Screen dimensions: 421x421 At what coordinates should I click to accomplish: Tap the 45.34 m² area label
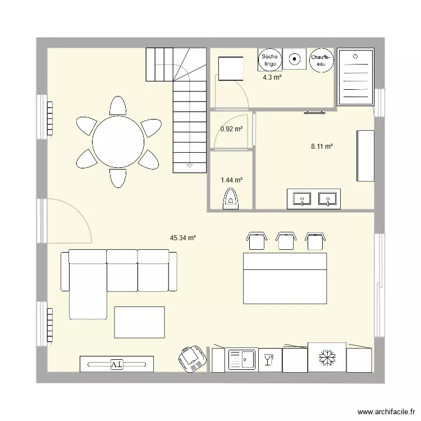(x=183, y=238)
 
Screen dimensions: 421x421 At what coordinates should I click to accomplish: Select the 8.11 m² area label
(x=322, y=147)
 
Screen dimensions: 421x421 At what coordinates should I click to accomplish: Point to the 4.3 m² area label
(x=272, y=77)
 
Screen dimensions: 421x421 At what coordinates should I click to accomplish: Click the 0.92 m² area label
(x=231, y=129)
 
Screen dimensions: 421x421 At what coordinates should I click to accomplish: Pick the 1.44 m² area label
(x=231, y=180)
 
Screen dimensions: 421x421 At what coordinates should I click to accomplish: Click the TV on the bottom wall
(x=117, y=364)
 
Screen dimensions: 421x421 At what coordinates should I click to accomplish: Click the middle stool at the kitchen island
(x=286, y=240)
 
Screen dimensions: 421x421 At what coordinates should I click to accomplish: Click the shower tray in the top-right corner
(x=355, y=77)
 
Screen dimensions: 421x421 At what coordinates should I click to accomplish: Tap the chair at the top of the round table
(x=118, y=106)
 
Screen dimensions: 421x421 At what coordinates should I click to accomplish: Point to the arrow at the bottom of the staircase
(x=189, y=166)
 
